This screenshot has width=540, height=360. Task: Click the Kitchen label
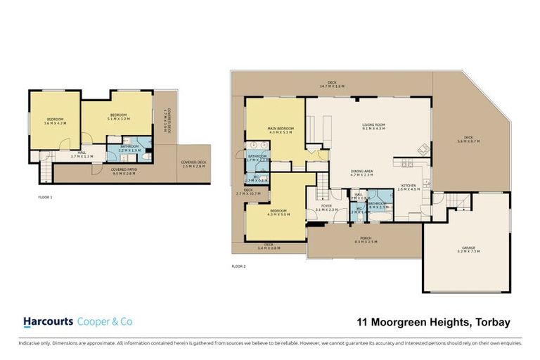409,187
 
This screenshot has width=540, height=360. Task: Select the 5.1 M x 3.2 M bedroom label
117,117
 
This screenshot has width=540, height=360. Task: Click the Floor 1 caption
45,198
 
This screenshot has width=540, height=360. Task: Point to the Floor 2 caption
239,266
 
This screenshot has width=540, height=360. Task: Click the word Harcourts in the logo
48,322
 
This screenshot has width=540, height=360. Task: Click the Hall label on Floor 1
82,155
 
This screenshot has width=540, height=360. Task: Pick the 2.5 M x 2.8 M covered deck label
191,163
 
